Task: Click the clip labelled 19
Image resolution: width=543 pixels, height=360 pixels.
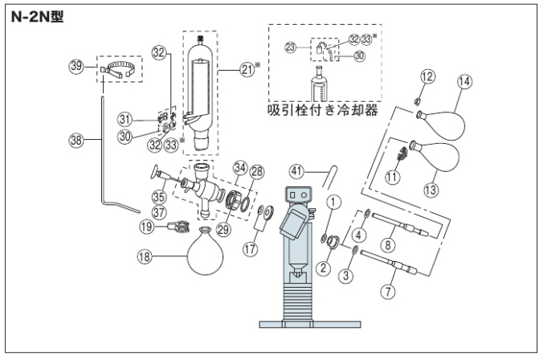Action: point(178,227)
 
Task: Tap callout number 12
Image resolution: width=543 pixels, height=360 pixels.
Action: point(428,77)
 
